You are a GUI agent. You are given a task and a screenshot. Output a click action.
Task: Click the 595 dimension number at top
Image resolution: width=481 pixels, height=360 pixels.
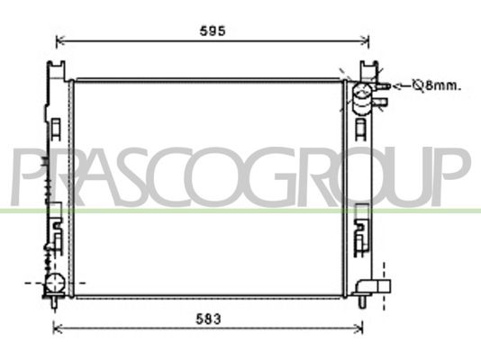coord(213,31)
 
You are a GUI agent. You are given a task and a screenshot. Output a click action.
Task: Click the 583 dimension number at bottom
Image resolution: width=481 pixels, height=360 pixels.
coord(208,319)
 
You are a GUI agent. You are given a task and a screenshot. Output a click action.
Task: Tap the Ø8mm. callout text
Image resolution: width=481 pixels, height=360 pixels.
coord(437,85)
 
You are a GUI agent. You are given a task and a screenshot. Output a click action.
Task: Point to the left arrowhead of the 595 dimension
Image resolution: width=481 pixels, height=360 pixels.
coord(60,40)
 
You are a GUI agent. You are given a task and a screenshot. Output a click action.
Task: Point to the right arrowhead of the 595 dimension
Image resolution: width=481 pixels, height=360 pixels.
coord(365,40)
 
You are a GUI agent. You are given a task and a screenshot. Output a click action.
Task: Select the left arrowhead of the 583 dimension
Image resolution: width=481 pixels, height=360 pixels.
coord(58,329)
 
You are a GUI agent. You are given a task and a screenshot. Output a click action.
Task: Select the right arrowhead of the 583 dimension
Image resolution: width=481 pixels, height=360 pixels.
coord(358,329)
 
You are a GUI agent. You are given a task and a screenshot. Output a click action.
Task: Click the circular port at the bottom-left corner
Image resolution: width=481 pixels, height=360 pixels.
coord(55,283)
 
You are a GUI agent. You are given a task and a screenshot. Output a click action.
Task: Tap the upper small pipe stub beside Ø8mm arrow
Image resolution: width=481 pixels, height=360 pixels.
coord(383,86)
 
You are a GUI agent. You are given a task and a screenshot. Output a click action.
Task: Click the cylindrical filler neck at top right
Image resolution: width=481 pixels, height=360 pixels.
coord(362,98)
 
